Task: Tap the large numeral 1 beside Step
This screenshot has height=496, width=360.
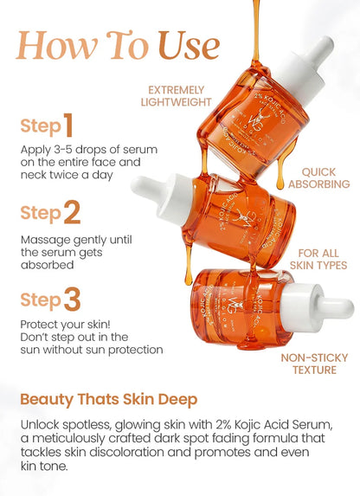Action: [67, 126]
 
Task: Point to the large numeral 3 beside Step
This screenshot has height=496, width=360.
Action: [72, 300]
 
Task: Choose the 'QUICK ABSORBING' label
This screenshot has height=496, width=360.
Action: [319, 178]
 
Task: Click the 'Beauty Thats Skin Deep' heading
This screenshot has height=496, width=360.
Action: [109, 400]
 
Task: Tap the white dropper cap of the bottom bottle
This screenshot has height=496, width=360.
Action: [325, 306]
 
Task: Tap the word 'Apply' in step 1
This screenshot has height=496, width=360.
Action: [36, 149]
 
